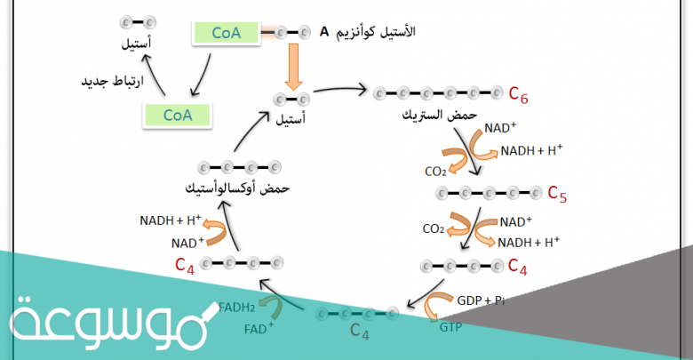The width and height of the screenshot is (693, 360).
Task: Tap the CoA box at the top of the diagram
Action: pyautogui.click(x=225, y=34)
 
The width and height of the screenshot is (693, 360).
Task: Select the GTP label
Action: pyautogui.click(x=450, y=327)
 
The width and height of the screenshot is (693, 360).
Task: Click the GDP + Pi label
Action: pyautogui.click(x=481, y=300)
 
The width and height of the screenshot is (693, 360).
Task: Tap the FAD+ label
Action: pyautogui.click(x=259, y=329)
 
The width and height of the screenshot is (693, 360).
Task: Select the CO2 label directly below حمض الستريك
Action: pyautogui.click(x=435, y=172)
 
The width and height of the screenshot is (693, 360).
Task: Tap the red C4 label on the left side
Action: pyautogui.click(x=184, y=264)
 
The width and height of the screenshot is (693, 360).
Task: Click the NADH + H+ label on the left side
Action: pyautogui.click(x=171, y=220)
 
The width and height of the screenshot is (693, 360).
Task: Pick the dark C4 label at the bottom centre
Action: pyautogui.click(x=359, y=332)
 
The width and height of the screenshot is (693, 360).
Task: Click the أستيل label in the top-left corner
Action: pyautogui.click(x=139, y=41)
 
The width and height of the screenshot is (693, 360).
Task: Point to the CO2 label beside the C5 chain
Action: pyautogui.click(x=434, y=228)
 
